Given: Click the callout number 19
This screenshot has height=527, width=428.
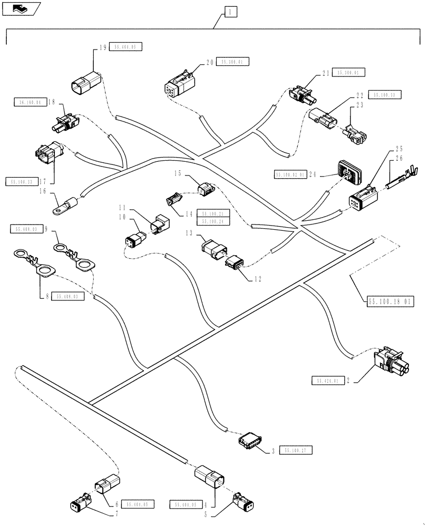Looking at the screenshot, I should (103, 47).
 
